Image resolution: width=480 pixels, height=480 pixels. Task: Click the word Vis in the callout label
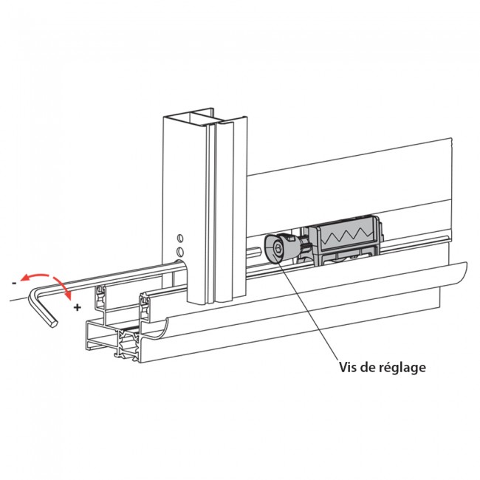click(x=349, y=367)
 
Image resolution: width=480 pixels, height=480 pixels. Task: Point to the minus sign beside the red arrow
click(x=13, y=282)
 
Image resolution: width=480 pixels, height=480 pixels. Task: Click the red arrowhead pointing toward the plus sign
click(x=69, y=297)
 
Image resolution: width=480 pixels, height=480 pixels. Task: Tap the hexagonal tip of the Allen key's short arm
click(x=51, y=323)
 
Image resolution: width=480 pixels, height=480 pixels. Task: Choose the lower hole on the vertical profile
click(x=178, y=253)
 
